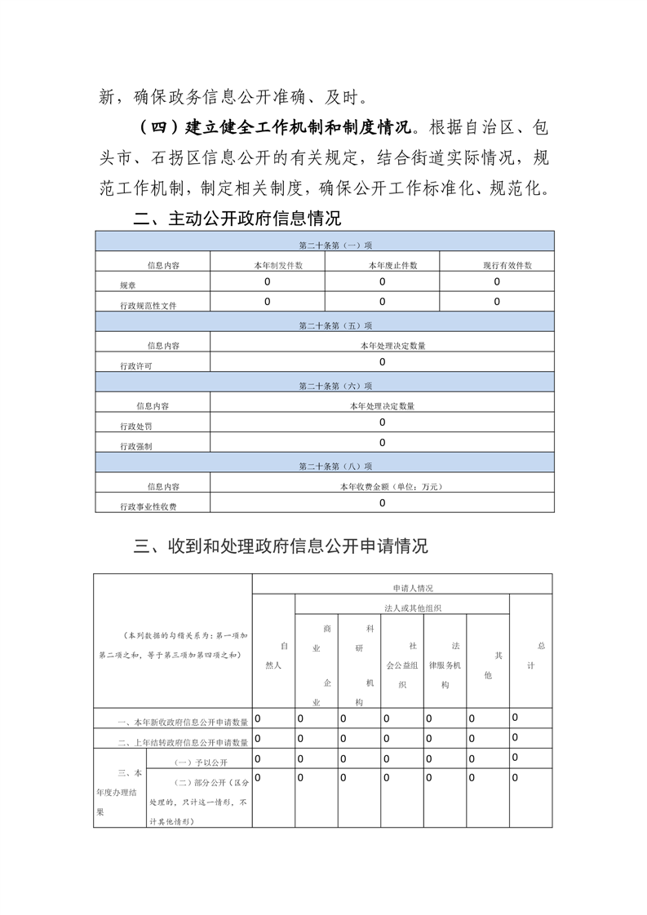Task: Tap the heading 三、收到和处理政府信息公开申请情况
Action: (x=280, y=546)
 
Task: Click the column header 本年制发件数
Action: (x=267, y=265)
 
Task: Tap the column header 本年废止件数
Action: (x=381, y=265)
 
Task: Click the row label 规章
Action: (x=128, y=285)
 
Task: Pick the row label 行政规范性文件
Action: (x=148, y=305)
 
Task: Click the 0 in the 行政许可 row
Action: (x=382, y=362)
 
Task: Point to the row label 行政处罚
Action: (x=135, y=426)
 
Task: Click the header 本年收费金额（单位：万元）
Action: (x=381, y=486)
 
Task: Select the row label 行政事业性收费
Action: (x=148, y=506)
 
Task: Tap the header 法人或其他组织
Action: (x=401, y=608)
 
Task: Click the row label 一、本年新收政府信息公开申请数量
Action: (x=182, y=722)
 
